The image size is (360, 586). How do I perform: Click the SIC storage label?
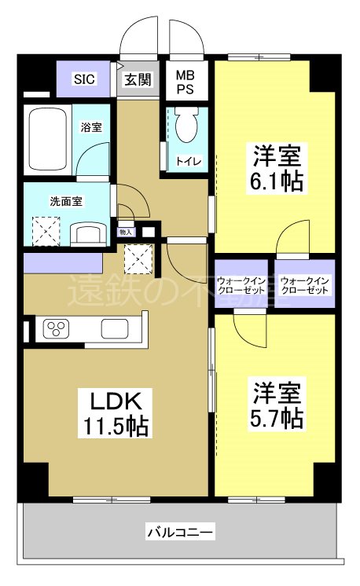84,79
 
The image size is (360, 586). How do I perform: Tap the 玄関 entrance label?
138,79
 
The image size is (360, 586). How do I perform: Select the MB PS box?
186,82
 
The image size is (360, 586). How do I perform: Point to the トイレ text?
189,162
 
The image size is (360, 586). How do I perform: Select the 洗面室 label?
67,200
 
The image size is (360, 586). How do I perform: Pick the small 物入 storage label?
126,232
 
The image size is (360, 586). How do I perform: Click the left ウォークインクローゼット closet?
242,285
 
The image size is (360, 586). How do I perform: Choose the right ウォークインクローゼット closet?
305,285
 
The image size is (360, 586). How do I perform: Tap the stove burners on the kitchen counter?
58,328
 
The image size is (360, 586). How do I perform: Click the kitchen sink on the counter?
112,329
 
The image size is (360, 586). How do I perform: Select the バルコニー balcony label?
178,533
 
